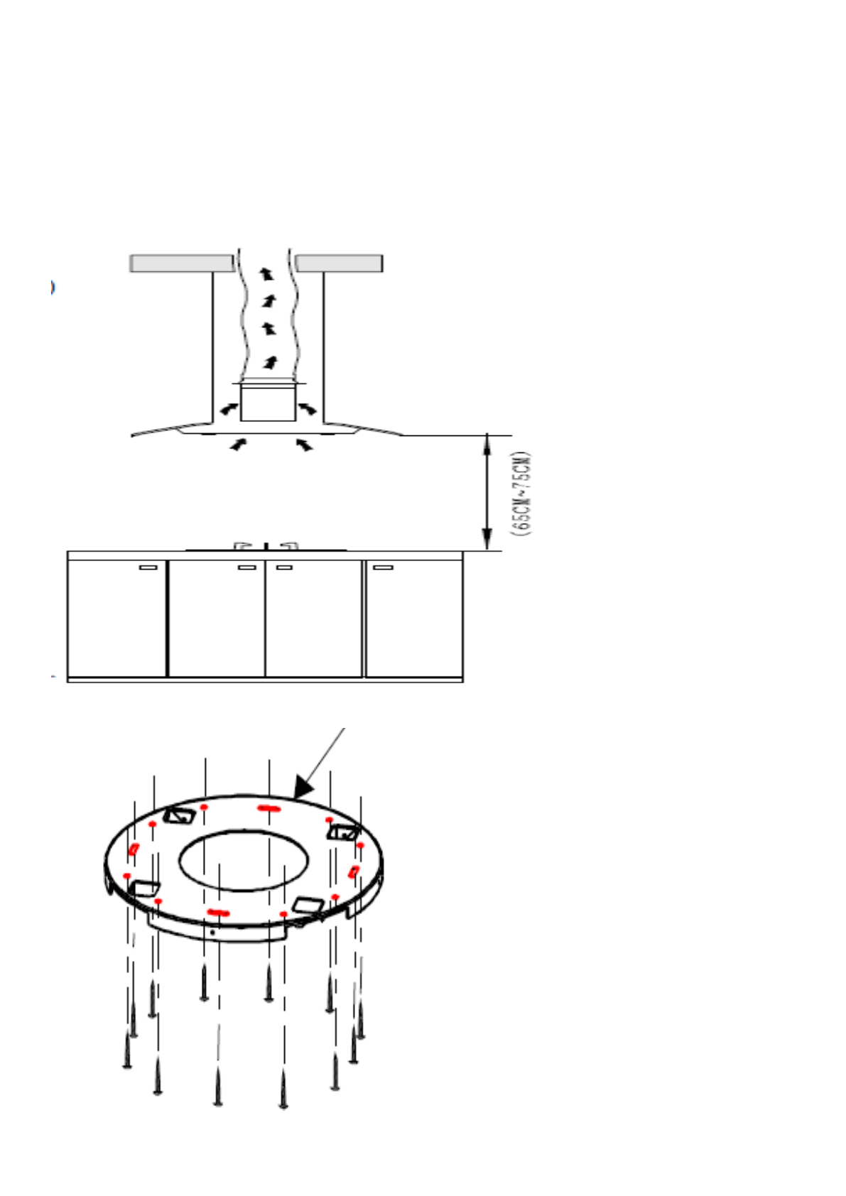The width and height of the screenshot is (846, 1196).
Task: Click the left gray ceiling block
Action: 182,263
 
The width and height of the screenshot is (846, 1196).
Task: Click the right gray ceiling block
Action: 339,263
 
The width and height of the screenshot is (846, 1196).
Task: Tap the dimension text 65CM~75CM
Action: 521,494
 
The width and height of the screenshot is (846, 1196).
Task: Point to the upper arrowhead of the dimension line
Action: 487,445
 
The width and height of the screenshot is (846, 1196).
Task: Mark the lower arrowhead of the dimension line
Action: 487,539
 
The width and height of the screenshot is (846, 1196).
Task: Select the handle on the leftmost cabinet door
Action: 148,567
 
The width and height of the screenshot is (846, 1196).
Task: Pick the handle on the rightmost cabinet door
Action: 383,567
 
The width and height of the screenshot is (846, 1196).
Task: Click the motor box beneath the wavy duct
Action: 268,403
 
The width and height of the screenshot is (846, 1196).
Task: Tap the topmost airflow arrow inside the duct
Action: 266,274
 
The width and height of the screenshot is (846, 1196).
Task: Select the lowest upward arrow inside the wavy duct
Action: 270,362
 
